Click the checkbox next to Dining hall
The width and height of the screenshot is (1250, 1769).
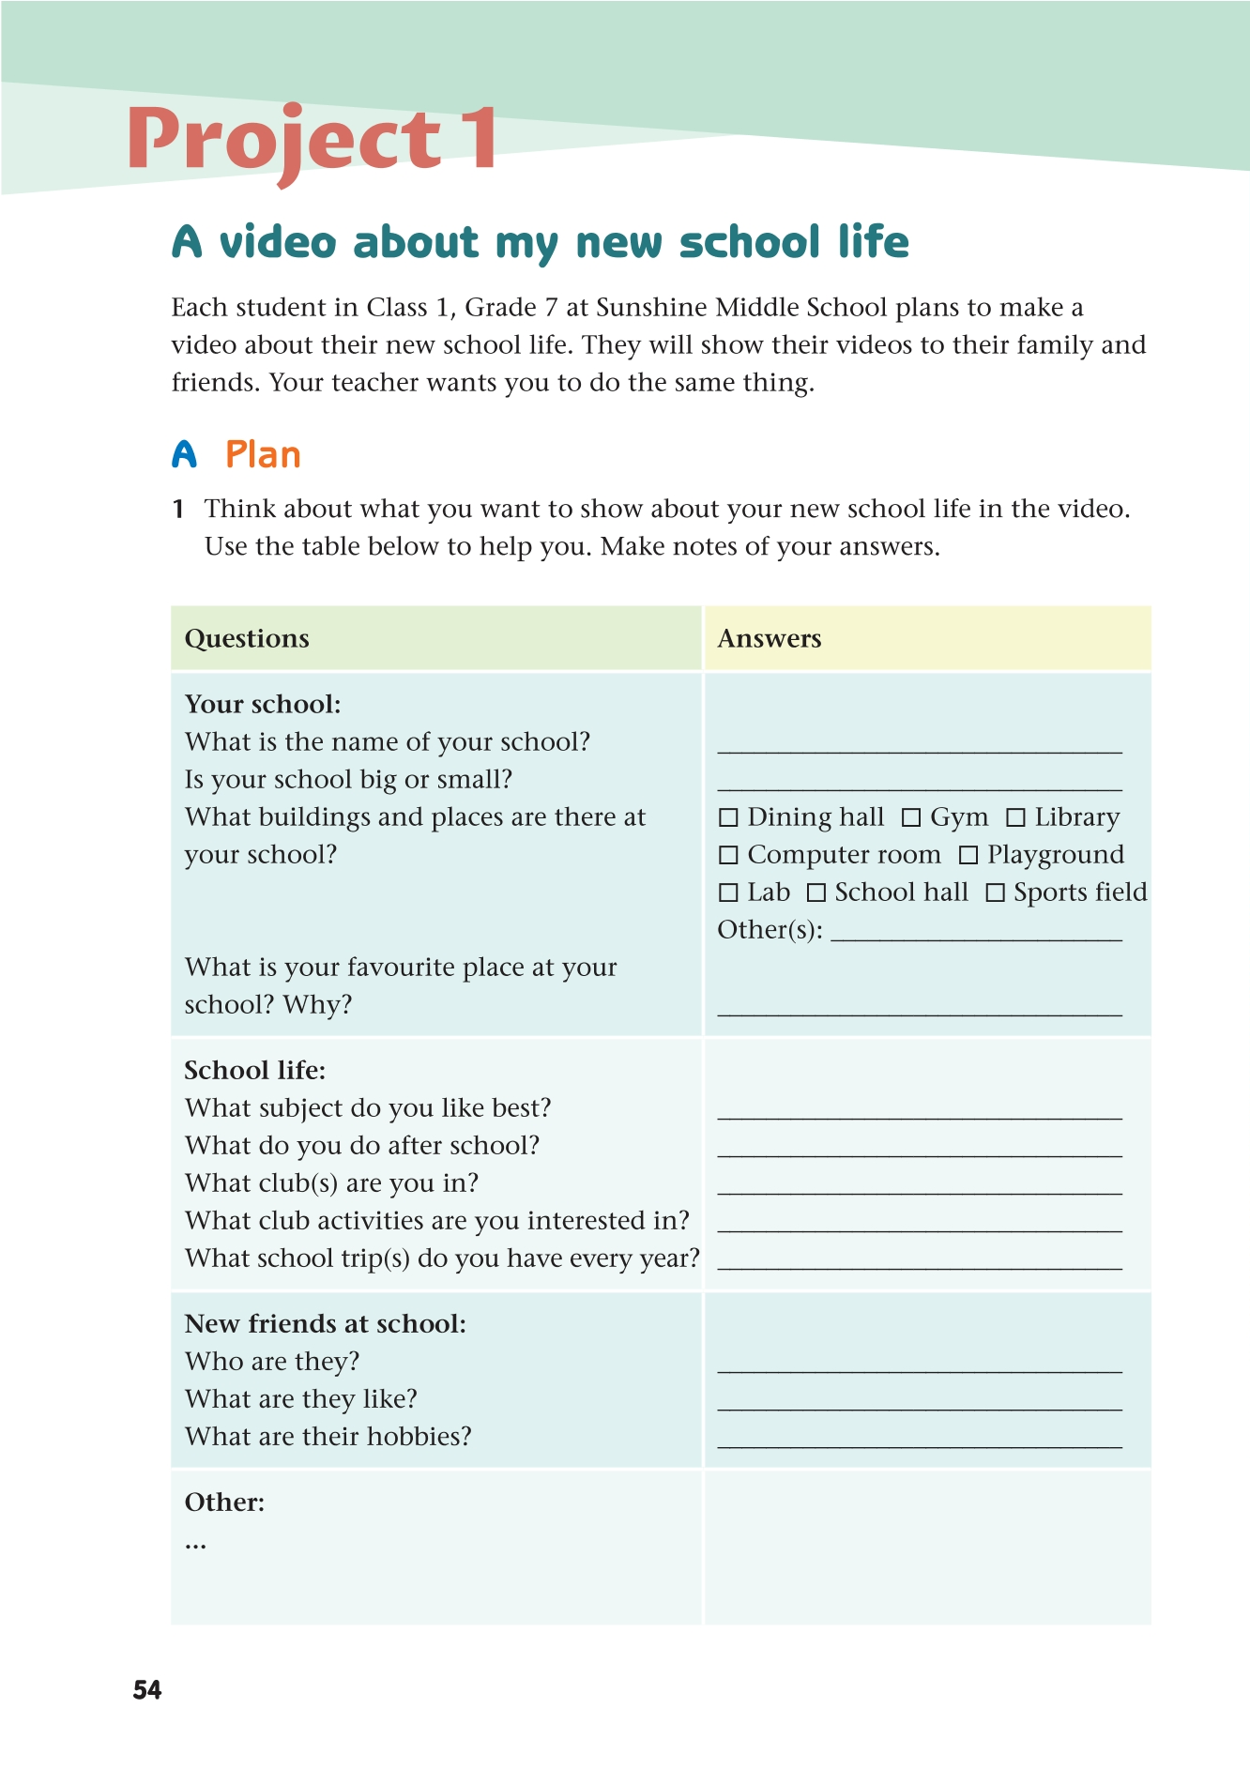click(728, 817)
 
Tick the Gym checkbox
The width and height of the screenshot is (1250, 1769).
click(910, 817)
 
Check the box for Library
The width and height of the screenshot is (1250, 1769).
click(1015, 817)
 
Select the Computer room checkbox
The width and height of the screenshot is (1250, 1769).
click(728, 855)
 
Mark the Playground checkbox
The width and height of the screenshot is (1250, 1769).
click(968, 855)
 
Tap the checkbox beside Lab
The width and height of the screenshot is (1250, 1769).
click(728, 892)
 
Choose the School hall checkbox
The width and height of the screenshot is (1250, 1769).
click(816, 892)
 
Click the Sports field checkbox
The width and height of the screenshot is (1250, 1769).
click(995, 892)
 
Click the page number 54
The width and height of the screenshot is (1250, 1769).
click(147, 1690)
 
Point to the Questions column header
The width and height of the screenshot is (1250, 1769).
click(247, 639)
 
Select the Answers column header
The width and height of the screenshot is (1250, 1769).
click(770, 639)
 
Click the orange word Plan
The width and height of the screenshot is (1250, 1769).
click(263, 455)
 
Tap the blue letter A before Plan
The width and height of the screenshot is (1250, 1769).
click(185, 455)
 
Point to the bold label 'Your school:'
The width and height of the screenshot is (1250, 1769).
click(263, 705)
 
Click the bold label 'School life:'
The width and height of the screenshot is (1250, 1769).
click(255, 1071)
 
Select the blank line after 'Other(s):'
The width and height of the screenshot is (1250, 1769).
click(976, 937)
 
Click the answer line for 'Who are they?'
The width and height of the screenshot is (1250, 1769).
click(920, 1368)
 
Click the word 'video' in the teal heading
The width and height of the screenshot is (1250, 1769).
click(278, 242)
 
